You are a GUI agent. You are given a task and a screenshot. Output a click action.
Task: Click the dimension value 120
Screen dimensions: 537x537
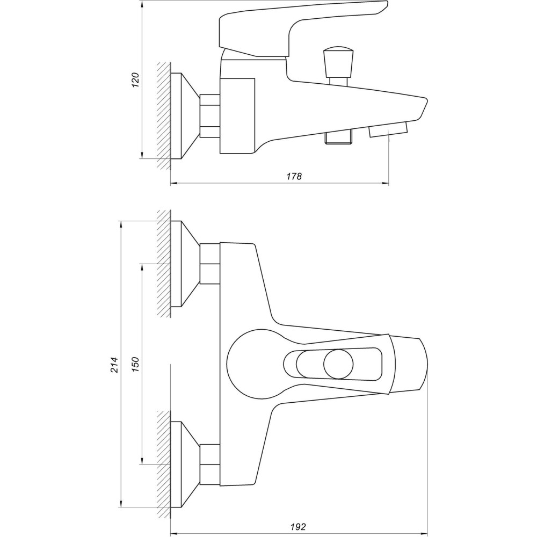[x=136, y=80]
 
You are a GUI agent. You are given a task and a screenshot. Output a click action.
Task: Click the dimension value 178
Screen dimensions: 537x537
[x=294, y=176]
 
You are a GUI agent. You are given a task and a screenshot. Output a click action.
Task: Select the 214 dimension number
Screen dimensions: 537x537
[x=114, y=365]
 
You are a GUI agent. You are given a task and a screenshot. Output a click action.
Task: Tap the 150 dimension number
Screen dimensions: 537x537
[x=136, y=365]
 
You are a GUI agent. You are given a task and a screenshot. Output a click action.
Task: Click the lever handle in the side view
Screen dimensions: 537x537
[x=303, y=29]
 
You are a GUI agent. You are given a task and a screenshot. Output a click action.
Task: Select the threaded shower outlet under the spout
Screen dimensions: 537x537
[x=338, y=137]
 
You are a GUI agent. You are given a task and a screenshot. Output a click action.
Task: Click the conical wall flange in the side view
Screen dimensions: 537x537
[x=185, y=116]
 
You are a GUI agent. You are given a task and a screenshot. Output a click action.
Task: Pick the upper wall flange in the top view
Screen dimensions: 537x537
[x=185, y=264]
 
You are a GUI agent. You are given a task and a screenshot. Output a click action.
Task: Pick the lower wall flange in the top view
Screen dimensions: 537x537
[x=185, y=465]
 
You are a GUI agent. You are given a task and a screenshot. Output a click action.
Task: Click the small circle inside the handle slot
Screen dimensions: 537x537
[x=338, y=364]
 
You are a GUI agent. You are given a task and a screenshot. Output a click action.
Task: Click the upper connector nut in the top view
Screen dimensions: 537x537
[x=209, y=264]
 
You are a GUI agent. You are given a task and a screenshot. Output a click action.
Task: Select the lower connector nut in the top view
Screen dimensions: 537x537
[x=209, y=465]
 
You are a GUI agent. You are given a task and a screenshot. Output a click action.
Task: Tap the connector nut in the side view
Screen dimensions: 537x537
[x=209, y=116]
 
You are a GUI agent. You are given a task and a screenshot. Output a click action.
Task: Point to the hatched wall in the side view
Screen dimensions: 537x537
[x=164, y=116]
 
